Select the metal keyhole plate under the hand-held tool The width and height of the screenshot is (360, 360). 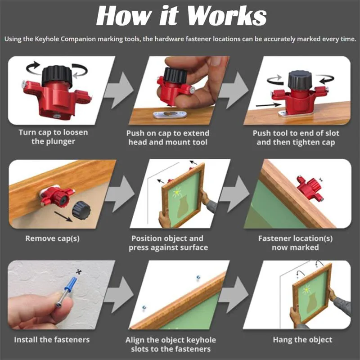click(x=170, y=114)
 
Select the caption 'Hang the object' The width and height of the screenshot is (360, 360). click(x=302, y=340)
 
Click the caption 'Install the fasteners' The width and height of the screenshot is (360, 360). click(x=52, y=340)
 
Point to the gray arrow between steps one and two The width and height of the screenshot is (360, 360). click(x=120, y=90)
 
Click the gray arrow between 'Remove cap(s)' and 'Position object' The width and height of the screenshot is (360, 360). click(x=120, y=193)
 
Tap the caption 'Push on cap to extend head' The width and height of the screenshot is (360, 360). click(x=168, y=137)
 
